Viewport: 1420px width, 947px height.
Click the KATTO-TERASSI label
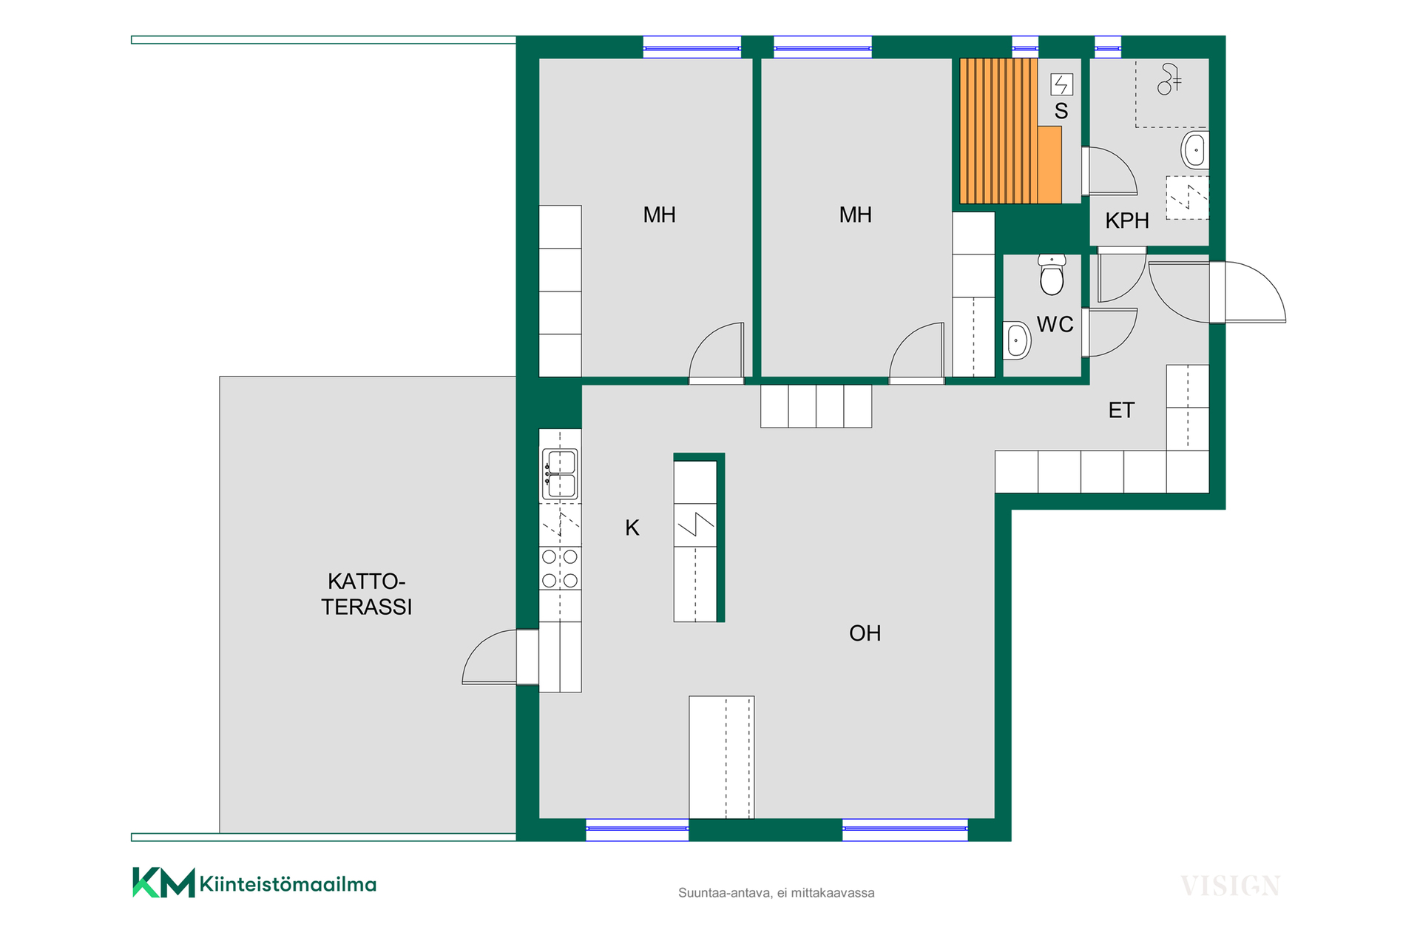click(x=366, y=594)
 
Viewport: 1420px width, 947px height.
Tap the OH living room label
click(x=865, y=633)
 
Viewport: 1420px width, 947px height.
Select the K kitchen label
click(x=632, y=528)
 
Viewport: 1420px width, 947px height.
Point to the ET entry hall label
click(x=1121, y=410)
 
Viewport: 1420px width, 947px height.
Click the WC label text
click(x=1055, y=324)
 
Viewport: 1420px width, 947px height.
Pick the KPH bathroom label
click(x=1127, y=220)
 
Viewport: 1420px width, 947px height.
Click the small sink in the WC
click(x=1017, y=340)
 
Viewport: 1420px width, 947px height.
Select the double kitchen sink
click(x=560, y=474)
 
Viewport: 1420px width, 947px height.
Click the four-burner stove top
click(x=560, y=568)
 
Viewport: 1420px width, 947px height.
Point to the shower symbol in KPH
click(x=1169, y=79)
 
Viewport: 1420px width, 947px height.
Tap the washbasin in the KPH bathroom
click(x=1194, y=150)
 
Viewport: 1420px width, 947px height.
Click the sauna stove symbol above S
click(x=1062, y=84)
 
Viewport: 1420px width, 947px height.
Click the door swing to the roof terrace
click(x=489, y=657)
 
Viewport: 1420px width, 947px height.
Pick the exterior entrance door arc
click(x=1256, y=292)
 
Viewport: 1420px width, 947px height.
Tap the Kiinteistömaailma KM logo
click(x=254, y=883)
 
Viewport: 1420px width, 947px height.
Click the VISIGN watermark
click(x=1230, y=886)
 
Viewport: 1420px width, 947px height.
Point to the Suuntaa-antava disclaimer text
click(x=776, y=893)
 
